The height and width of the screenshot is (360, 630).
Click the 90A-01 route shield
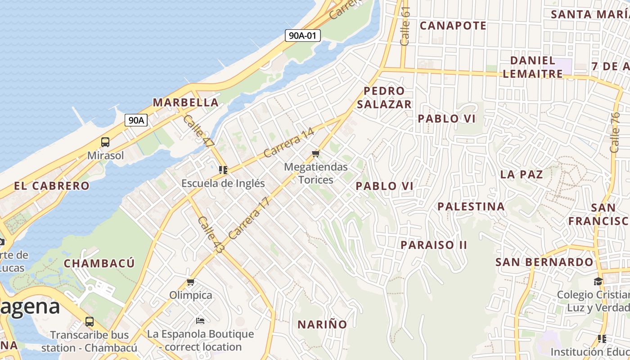tap(302, 36)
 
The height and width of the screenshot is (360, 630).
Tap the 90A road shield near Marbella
tap(136, 120)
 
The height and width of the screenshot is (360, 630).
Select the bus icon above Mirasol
tap(105, 142)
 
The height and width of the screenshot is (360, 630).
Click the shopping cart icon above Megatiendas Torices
tap(315, 154)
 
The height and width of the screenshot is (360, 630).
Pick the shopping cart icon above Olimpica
tap(190, 282)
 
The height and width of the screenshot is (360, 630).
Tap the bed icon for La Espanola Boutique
tap(200, 321)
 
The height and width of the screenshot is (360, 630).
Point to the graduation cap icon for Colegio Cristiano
tap(598, 281)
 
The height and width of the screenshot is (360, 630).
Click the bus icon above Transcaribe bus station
tap(90, 322)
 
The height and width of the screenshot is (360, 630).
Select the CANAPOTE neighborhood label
tap(453, 26)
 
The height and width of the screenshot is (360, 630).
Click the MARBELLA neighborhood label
tap(186, 103)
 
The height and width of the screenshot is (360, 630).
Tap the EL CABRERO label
tap(52, 186)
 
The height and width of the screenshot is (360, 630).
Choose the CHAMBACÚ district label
tap(99, 263)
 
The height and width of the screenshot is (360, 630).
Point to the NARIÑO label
tap(322, 324)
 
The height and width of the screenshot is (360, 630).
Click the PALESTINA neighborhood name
tap(471, 207)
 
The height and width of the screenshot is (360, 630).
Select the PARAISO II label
tap(434, 245)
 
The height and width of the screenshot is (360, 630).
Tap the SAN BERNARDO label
tap(544, 262)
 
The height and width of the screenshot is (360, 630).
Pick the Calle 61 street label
tap(405, 26)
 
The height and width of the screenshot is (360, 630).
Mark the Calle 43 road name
tap(210, 234)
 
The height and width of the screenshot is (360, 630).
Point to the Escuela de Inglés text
tap(223, 184)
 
